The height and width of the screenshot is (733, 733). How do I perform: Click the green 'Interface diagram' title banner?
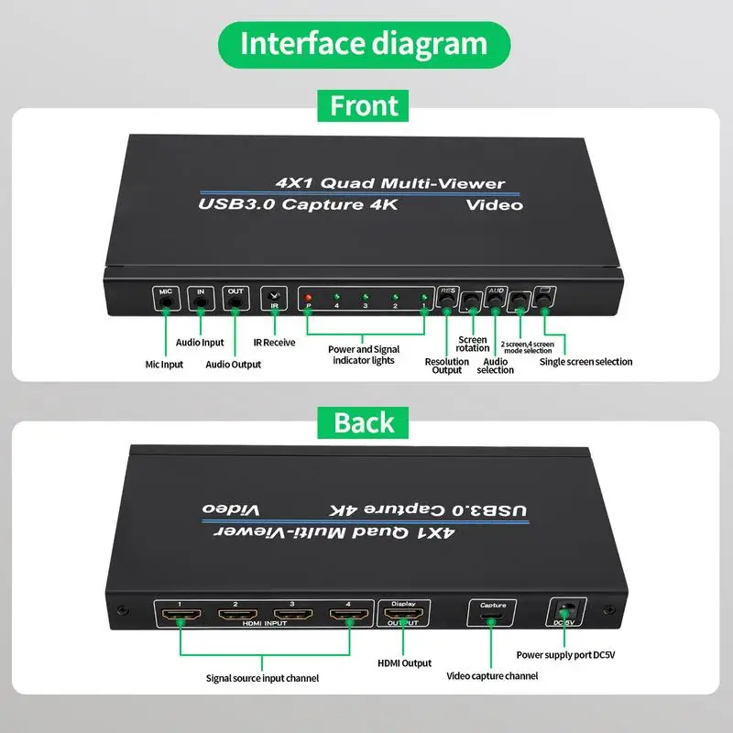tap(364, 44)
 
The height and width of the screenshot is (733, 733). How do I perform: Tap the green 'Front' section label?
tap(365, 105)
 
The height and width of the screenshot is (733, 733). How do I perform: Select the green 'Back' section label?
tap(365, 422)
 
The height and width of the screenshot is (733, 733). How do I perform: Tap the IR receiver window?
tap(274, 298)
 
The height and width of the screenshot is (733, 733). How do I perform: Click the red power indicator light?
tap(309, 298)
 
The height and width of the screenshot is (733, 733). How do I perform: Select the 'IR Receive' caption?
tap(274, 343)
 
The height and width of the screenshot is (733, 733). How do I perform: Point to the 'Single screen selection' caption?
tap(586, 362)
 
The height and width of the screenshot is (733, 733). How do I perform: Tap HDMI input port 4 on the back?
tap(347, 616)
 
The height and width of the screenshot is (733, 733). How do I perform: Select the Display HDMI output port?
tap(403, 616)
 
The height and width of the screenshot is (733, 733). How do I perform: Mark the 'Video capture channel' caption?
tap(492, 676)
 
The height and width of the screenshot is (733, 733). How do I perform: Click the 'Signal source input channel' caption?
tap(262, 678)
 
